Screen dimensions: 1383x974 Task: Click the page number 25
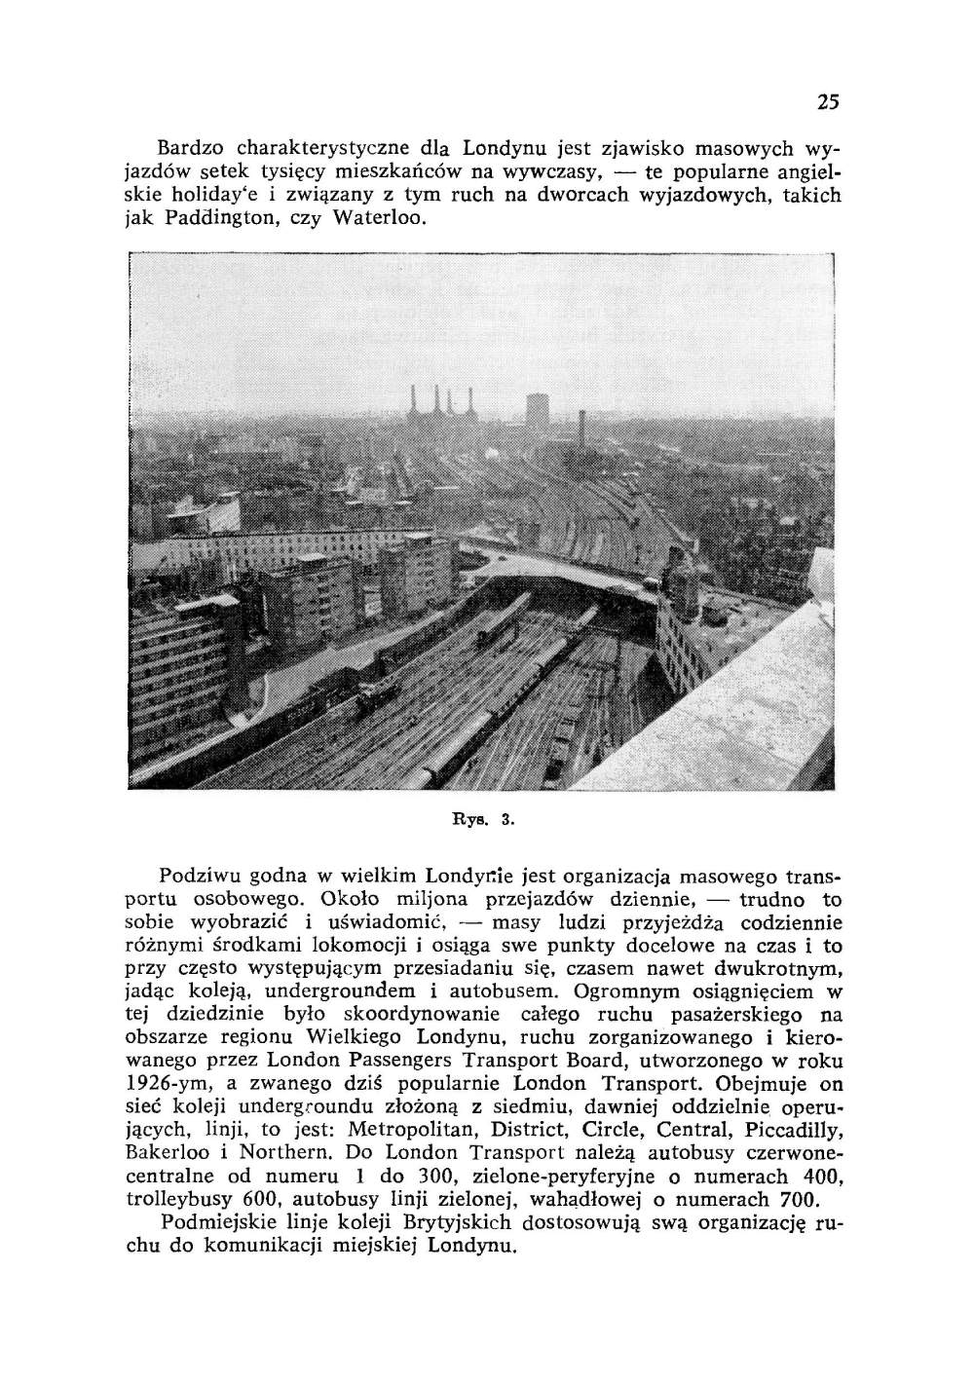click(x=828, y=101)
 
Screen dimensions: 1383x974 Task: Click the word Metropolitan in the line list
click(x=405, y=1132)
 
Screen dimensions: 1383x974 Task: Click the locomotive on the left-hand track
click(x=376, y=692)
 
